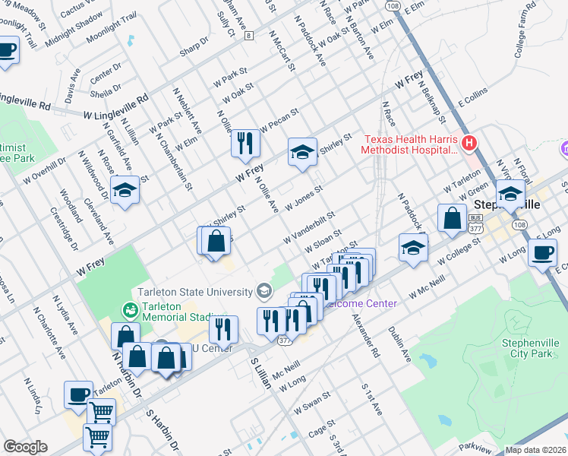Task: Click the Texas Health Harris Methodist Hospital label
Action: click(410, 144)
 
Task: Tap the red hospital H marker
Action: click(469, 142)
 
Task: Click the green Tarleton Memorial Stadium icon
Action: click(129, 309)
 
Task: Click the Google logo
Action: click(25, 447)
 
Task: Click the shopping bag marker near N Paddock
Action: click(452, 217)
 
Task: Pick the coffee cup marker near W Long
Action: click(542, 252)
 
